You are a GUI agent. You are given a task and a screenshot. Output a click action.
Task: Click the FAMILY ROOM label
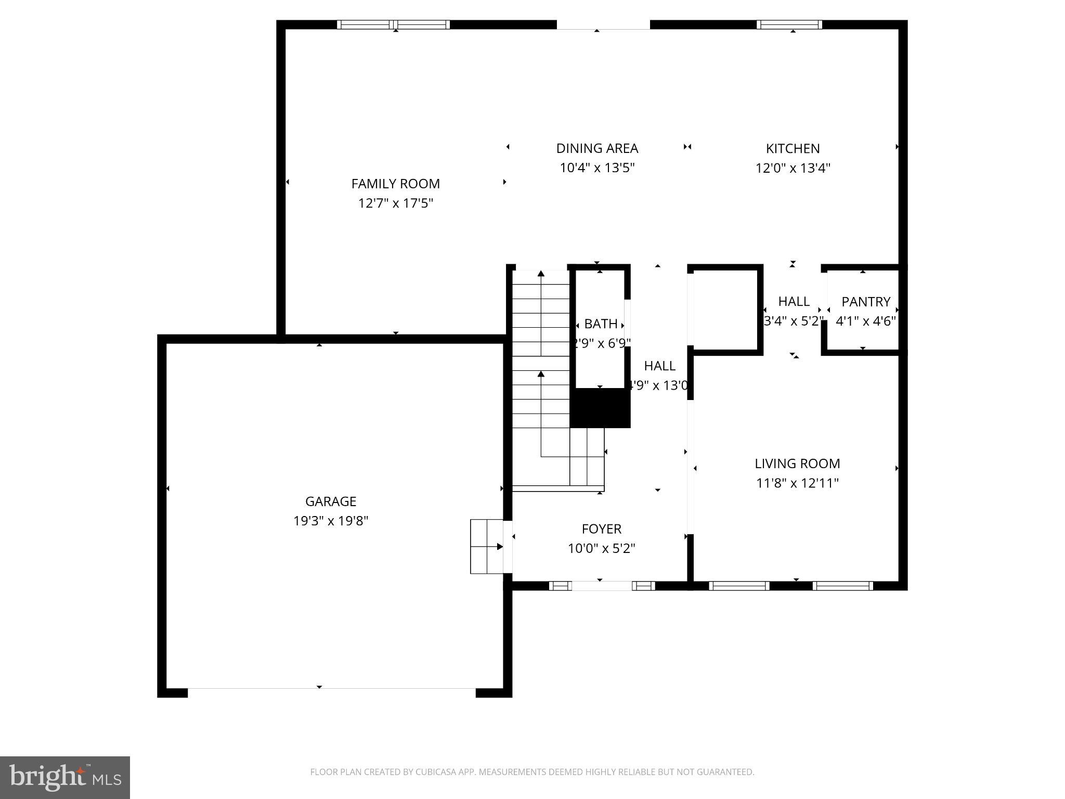395,184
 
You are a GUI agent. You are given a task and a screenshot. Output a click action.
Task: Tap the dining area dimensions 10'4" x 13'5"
597,168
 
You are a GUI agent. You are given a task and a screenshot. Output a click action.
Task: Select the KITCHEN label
793,148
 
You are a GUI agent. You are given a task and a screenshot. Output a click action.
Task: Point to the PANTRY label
866,302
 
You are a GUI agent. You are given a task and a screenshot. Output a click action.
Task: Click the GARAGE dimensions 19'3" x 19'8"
331,521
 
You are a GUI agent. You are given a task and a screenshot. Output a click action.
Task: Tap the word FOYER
601,529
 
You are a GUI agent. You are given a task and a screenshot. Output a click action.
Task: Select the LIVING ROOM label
797,463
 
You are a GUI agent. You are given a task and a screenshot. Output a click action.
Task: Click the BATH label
601,324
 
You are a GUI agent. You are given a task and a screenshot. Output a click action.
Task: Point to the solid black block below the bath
600,408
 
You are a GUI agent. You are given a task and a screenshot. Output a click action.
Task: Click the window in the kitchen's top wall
789,24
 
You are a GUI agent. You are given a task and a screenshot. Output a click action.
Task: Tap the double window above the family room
393,24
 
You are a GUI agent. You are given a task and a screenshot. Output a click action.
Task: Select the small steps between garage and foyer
487,546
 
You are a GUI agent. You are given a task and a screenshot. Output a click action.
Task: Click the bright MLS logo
65,777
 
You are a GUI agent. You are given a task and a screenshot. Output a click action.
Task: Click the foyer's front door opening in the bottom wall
602,586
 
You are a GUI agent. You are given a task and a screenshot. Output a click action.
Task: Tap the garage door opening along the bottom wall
331,692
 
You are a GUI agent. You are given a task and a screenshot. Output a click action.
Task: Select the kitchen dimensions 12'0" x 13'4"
793,168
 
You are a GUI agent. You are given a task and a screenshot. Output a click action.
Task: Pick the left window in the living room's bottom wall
738,586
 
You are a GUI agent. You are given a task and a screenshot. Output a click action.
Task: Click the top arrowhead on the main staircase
541,273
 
